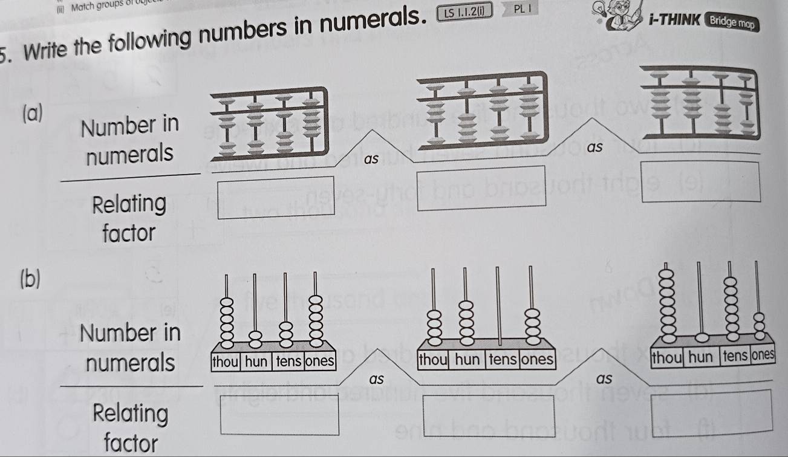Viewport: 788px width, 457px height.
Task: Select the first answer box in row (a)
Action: (x=277, y=198)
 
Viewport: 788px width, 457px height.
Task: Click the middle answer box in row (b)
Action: (x=489, y=415)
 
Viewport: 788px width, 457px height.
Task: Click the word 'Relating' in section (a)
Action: (x=129, y=204)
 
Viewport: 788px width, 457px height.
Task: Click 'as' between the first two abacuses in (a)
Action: (x=372, y=160)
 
